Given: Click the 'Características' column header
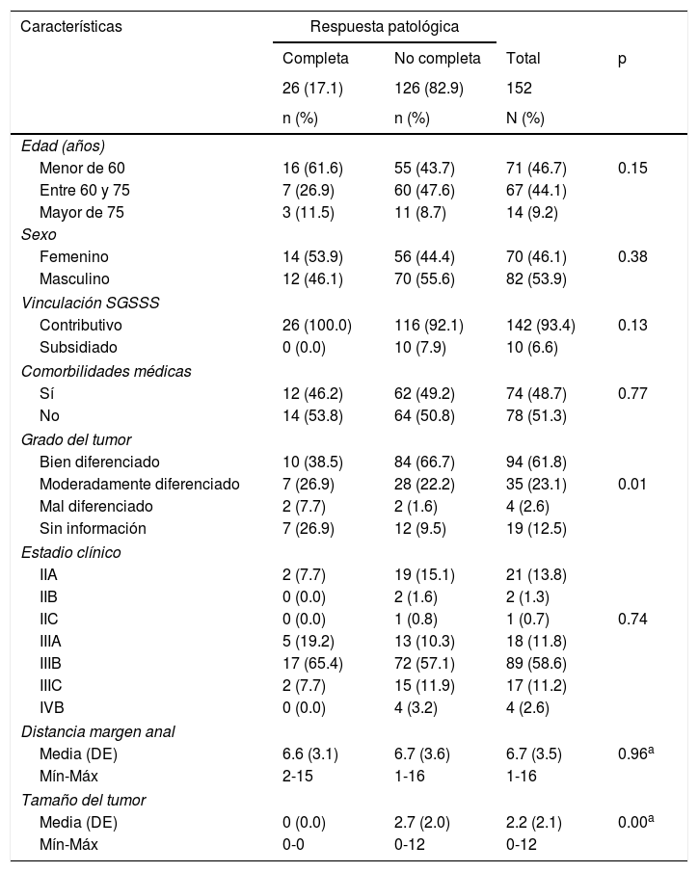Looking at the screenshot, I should coord(71,27).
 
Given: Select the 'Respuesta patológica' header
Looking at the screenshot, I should coord(384,27).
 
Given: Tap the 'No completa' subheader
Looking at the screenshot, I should coord(437,58).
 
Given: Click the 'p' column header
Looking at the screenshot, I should coord(622,58).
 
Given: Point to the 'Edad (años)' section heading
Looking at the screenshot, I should coord(63,145).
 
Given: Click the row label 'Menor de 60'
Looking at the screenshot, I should coord(82,168).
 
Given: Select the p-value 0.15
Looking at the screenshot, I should coord(632,168).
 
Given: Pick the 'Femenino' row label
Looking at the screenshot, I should coord(74,256).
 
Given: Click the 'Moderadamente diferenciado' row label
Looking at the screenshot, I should coord(139,484).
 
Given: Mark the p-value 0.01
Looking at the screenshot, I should coord(632,484).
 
